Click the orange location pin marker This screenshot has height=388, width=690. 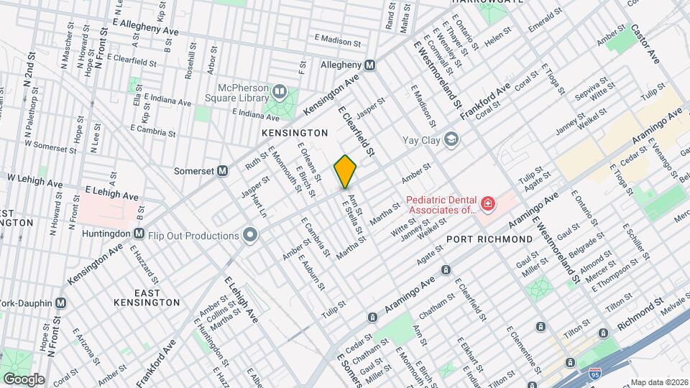pos(346,171)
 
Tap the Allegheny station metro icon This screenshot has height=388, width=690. pos(370,65)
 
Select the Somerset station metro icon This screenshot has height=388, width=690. pos(223,171)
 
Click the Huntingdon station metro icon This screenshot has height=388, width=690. pos(139,234)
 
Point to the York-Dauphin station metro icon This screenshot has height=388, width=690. pos(60,302)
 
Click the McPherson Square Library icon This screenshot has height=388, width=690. pos(279,92)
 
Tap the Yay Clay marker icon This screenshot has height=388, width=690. pos(451,139)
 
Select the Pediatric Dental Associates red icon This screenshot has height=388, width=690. pos(488,205)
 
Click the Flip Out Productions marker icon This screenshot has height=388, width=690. pos(250,236)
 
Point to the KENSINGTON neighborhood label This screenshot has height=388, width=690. pos(295,133)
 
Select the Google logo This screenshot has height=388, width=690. pos(23,379)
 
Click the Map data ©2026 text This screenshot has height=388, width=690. pos(658,382)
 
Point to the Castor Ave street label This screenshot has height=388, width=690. pos(645,45)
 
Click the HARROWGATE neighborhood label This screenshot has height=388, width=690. pos(484,2)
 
